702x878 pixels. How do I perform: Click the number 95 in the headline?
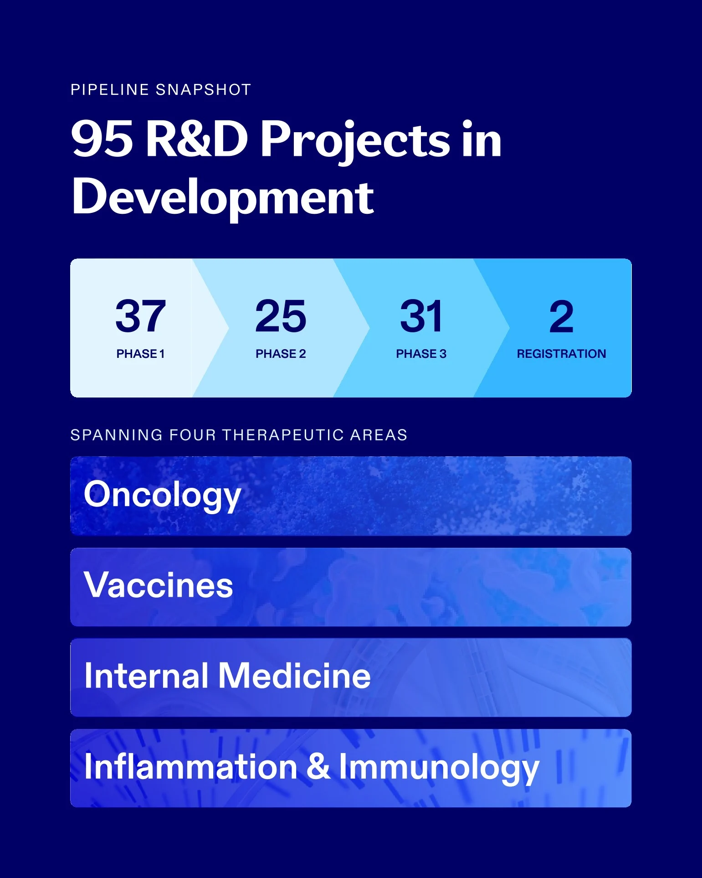click(102, 139)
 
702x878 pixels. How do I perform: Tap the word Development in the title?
click(223, 197)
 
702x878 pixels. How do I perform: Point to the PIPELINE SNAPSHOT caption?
click(161, 90)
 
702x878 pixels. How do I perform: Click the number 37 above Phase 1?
click(140, 316)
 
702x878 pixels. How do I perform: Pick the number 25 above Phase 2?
click(281, 316)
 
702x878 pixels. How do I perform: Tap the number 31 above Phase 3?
click(421, 316)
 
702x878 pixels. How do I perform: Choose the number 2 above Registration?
click(561, 316)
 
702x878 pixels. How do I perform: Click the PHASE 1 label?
click(140, 354)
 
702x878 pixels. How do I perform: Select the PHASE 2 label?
click(281, 354)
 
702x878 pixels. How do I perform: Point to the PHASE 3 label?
click(421, 354)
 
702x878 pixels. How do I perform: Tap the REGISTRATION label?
click(561, 354)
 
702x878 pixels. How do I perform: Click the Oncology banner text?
click(162, 496)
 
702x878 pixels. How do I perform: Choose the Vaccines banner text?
click(159, 585)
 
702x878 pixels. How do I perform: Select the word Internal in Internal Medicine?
click(147, 676)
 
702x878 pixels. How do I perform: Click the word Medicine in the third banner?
click(295, 676)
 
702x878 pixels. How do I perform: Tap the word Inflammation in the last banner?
click(191, 767)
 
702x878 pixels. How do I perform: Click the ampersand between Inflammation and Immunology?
click(318, 767)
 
